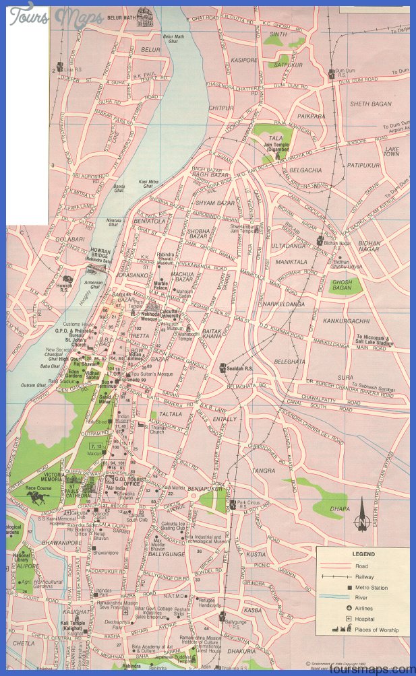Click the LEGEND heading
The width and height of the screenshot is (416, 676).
pos(363,554)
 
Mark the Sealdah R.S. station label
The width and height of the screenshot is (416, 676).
pos(239,369)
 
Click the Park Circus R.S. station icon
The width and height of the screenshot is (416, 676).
pos(231,502)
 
